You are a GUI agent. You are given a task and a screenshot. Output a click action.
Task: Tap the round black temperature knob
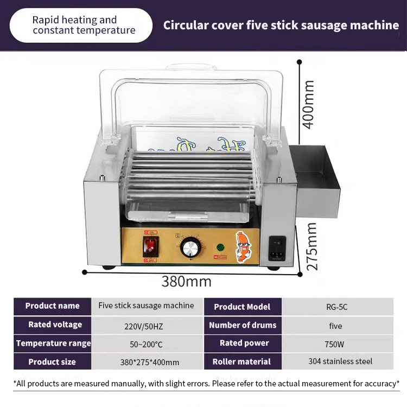pyautogui.click(x=190, y=248)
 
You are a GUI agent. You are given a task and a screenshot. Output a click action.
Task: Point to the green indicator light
pyautogui.click(x=220, y=247)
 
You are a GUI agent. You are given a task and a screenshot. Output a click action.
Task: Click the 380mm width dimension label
pyautogui.click(x=186, y=282)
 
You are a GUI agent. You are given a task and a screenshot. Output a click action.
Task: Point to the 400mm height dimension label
pyautogui.click(x=308, y=104)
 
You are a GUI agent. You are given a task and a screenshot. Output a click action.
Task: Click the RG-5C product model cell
pyautogui.click(x=335, y=307)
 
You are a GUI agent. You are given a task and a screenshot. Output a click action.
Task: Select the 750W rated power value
pyautogui.click(x=335, y=344)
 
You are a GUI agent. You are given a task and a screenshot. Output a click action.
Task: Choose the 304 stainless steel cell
pyautogui.click(x=340, y=361)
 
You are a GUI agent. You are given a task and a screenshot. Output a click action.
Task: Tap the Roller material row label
pyautogui.click(x=241, y=361)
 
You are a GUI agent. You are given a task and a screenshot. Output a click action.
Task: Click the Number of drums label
pyautogui.click(x=243, y=325)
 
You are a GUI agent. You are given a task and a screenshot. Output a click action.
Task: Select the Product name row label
pyautogui.click(x=52, y=306)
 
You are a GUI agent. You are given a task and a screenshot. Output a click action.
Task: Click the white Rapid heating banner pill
pyautogui.click(x=81, y=25)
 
